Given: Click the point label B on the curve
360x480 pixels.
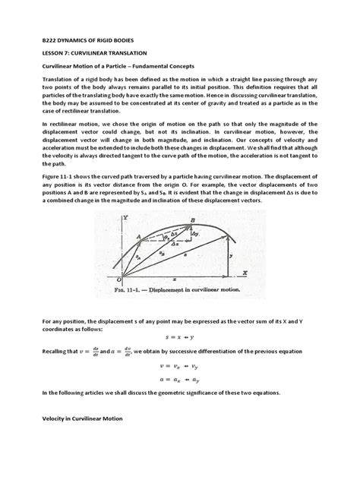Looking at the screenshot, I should coord(193,219).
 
